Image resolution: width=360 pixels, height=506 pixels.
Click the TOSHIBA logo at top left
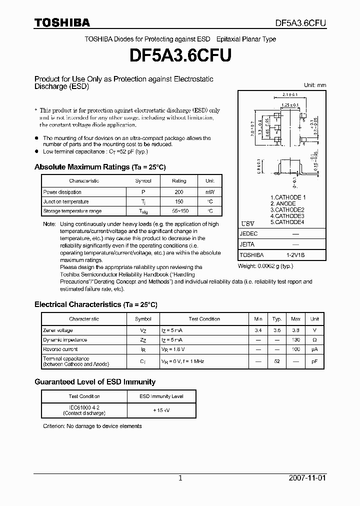coord(62,22)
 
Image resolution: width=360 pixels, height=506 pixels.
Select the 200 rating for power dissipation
coord(179,192)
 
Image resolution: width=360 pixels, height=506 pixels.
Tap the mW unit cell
coord(209,192)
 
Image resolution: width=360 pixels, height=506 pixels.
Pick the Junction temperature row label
coord(66,201)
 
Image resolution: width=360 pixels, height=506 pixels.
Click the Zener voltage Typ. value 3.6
coord(276,330)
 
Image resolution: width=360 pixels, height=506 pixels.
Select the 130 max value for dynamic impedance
coord(295,340)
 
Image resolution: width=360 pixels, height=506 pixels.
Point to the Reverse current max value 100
coord(295,349)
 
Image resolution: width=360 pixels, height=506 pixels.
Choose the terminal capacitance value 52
coord(276,361)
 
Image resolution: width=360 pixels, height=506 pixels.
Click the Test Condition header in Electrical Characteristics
coord(204,319)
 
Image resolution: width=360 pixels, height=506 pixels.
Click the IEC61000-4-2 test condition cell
coord(84,410)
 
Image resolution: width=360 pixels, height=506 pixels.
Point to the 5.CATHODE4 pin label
coord(287,222)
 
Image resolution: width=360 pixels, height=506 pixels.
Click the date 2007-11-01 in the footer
coord(307,478)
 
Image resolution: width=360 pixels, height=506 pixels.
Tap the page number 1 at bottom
coord(180,478)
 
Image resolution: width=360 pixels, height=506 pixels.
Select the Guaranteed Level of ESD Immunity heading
coord(95,382)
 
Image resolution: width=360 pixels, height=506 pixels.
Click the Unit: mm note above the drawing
coord(315,85)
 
